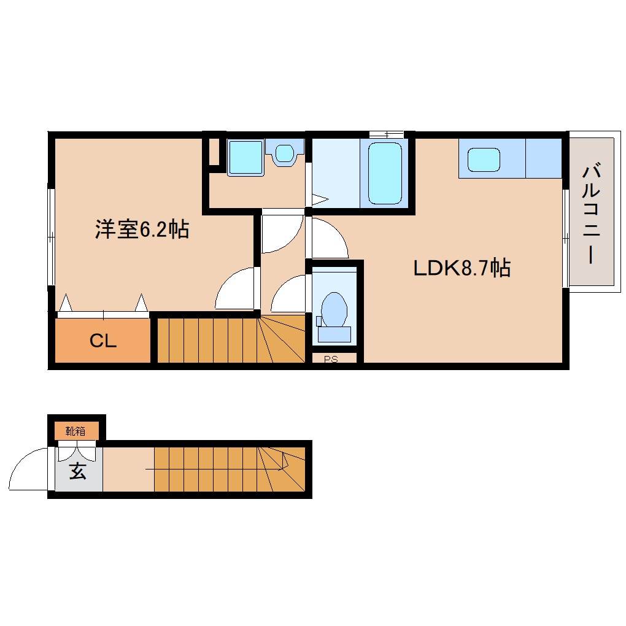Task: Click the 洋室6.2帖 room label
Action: point(142,229)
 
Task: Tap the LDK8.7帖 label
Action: point(462,268)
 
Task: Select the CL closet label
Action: point(103,341)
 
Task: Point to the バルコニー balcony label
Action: point(591,214)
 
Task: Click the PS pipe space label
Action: point(331,359)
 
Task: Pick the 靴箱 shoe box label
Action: point(75,431)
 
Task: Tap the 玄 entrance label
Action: point(78,471)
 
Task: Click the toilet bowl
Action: point(334,309)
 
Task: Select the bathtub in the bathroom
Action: point(385,173)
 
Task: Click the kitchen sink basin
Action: point(484,160)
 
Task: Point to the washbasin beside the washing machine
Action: point(284,153)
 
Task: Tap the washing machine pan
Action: point(245,157)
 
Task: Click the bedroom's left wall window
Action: point(51,237)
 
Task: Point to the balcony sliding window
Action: point(566,238)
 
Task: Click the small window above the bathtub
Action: point(386,134)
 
